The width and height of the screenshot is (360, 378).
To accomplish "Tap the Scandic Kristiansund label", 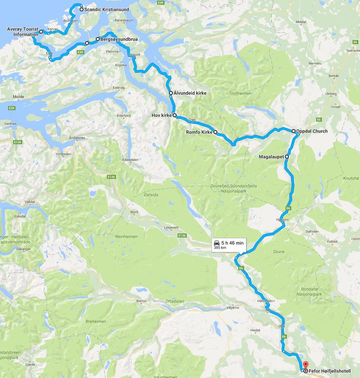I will pyautogui.click(x=105, y=9).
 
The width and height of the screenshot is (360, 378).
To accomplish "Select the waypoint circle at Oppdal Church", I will pyautogui.click(x=293, y=131).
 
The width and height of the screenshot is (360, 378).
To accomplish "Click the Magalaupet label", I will pyautogui.click(x=272, y=156).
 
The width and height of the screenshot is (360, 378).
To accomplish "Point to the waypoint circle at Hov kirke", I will pyautogui.click(x=175, y=115).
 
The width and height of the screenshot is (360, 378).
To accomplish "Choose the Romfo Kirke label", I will pyautogui.click(x=199, y=132).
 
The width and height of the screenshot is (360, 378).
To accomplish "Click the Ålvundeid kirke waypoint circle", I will pyautogui.click(x=171, y=93).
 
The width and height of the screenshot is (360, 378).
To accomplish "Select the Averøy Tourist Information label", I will pyautogui.click(x=22, y=32).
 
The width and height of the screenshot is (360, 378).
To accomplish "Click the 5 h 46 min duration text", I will pyautogui.click(x=232, y=243).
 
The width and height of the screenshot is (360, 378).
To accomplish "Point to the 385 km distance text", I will pyautogui.click(x=220, y=247).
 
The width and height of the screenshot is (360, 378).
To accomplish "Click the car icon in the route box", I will pyautogui.click(x=217, y=243).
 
